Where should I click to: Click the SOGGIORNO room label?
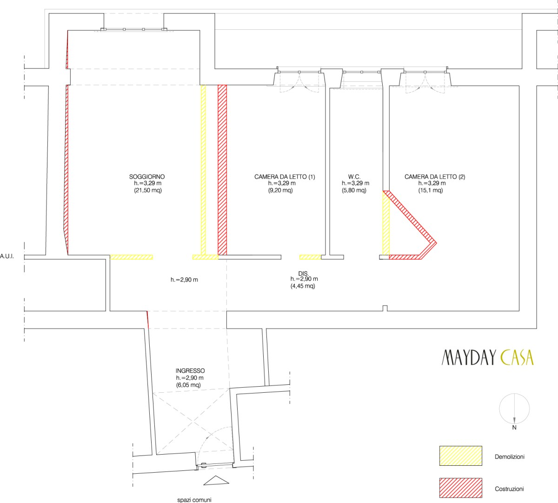[x=147, y=177]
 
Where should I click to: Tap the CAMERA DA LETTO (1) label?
[x=285, y=177]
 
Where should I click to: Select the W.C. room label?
[x=354, y=177]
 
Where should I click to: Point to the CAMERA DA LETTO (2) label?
[x=435, y=177]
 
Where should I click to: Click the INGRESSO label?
[x=190, y=371]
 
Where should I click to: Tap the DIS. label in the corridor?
[x=304, y=274]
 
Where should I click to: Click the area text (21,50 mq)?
[x=148, y=190]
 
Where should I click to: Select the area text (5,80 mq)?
[x=354, y=190]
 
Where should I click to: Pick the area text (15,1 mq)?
[x=430, y=190]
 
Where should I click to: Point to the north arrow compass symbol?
[x=514, y=409]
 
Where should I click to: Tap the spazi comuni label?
[x=194, y=500]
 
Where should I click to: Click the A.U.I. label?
[x=7, y=256]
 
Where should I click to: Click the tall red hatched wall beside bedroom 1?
[x=222, y=170]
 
